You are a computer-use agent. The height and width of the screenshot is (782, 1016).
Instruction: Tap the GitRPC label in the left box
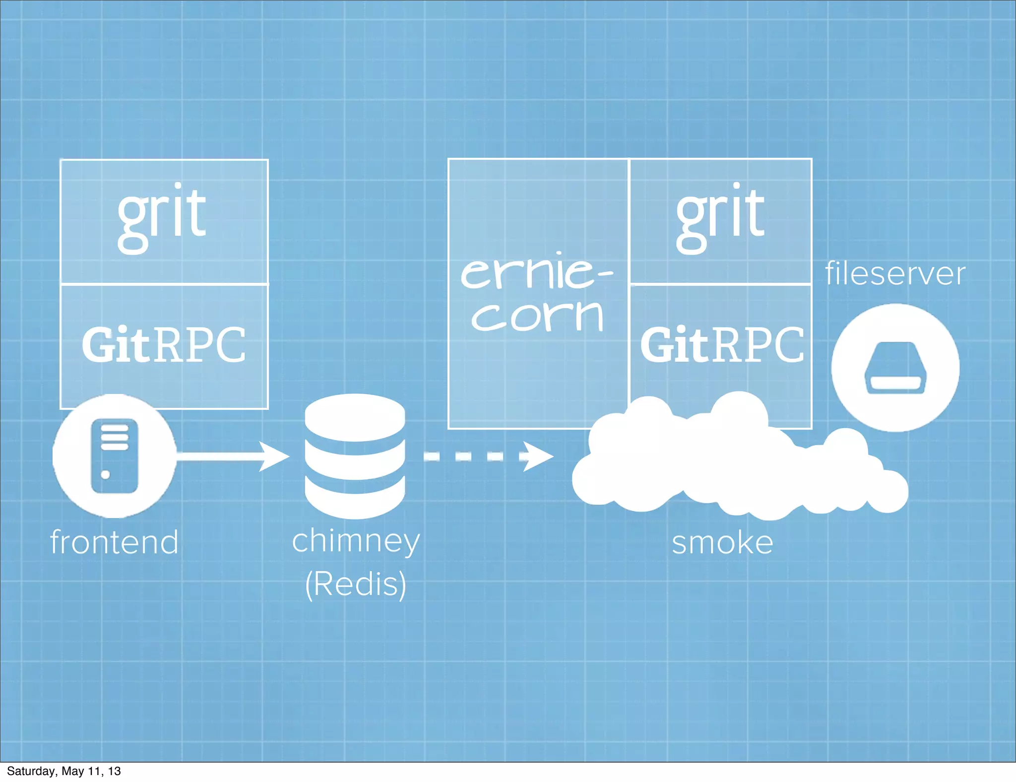(x=164, y=345)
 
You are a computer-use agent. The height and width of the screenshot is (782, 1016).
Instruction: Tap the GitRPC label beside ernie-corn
(x=722, y=345)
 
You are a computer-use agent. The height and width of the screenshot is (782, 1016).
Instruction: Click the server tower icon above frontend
(x=115, y=456)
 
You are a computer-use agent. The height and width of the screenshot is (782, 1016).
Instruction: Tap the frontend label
(x=115, y=542)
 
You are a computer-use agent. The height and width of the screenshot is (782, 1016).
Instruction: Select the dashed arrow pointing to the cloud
(x=488, y=456)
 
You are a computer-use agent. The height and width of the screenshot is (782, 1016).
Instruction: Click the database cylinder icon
(x=355, y=456)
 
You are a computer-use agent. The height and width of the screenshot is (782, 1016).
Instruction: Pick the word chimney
(x=356, y=541)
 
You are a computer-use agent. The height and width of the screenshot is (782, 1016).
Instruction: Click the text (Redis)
(x=356, y=584)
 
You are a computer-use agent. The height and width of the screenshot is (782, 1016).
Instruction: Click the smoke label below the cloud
(x=722, y=542)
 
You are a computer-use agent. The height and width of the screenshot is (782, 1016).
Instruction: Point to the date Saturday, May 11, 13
(x=63, y=771)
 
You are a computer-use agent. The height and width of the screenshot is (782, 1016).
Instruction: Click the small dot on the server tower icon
(x=105, y=475)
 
